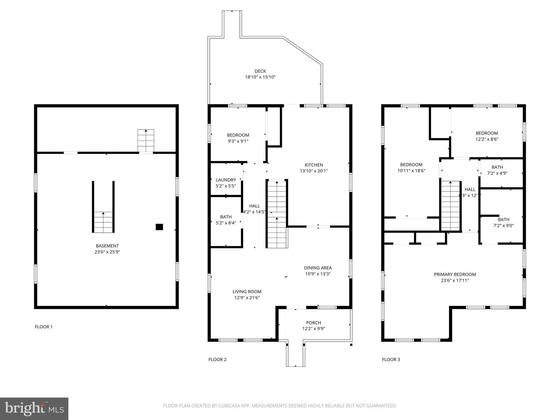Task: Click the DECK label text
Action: click(260, 71)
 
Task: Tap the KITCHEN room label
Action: click(314, 165)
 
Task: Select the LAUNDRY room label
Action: click(226, 180)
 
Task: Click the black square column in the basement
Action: click(159, 227)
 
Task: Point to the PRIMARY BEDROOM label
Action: click(455, 274)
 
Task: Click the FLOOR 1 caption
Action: click(43, 327)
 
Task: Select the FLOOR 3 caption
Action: click(391, 360)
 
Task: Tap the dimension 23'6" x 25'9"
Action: click(107, 252)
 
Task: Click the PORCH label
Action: click(313, 323)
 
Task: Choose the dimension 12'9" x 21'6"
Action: click(247, 297)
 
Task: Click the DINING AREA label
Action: click(318, 268)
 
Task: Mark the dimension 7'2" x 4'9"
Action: click(497, 173)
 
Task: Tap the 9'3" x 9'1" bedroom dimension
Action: click(238, 141)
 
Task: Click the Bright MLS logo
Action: click(34, 409)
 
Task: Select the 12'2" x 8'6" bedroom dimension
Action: click(486, 139)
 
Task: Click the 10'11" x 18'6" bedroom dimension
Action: click(411, 171)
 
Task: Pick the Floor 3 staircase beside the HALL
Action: click(450, 206)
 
